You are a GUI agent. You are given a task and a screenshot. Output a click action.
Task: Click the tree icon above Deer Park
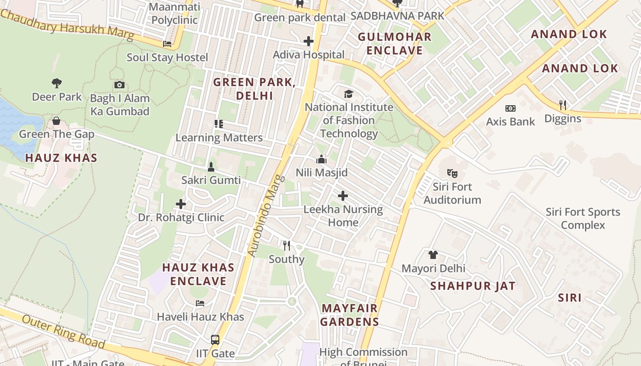57,83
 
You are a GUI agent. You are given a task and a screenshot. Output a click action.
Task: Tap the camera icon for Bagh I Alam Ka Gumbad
120,85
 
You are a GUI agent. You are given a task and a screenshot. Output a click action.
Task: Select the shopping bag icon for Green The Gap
56,121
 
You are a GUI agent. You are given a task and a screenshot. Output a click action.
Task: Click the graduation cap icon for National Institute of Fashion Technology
349,94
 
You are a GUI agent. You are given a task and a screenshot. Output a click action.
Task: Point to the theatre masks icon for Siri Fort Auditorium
452,173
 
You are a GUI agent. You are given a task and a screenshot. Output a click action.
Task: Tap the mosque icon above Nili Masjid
321,159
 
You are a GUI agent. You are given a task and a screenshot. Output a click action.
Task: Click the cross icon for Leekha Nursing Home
343,196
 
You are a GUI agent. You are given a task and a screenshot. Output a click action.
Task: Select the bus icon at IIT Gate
215,340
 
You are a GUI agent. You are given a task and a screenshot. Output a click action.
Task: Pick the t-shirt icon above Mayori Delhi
433,255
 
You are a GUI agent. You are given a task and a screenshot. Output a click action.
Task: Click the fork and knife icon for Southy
287,246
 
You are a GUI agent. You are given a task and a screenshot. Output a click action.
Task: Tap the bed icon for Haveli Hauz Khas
200,303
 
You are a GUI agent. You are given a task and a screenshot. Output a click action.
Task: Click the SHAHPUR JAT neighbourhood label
473,286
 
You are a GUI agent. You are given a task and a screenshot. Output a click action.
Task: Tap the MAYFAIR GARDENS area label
350,315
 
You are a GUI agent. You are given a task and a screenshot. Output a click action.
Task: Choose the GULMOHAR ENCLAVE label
394,43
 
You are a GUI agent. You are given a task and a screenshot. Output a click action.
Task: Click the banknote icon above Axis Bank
511,108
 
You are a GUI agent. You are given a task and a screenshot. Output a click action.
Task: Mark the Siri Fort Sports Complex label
583,219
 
